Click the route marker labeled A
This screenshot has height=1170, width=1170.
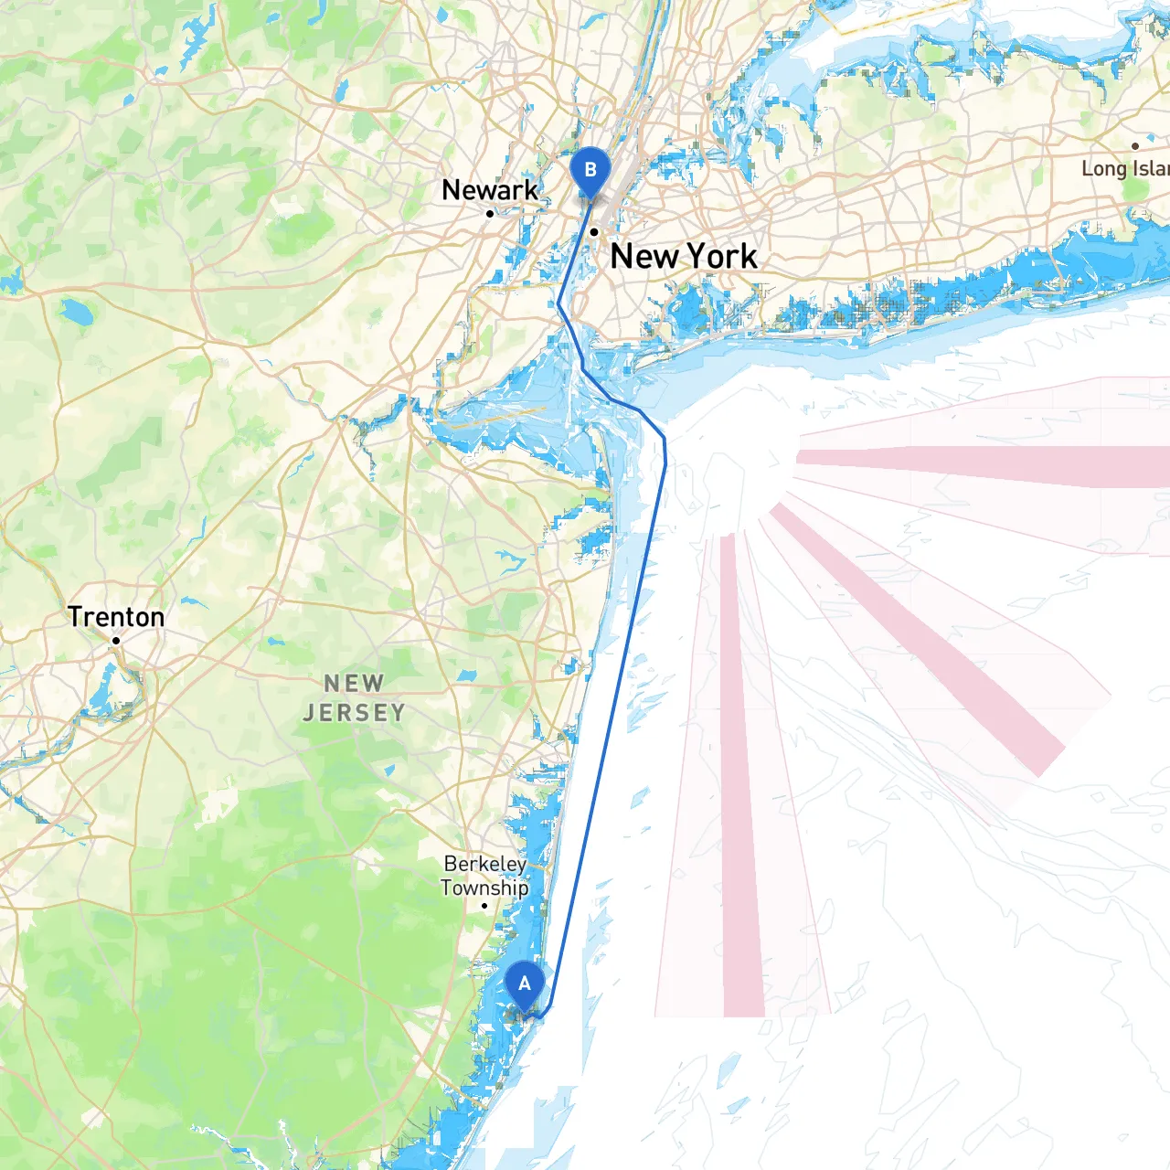pos(525,986)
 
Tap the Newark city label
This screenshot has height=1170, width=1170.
pos(490,190)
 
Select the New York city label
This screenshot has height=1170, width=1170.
pos(684,257)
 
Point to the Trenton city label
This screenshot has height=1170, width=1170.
pos(116,617)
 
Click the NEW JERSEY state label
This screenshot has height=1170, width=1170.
pos(354,698)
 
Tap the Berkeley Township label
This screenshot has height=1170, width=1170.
pos(484,876)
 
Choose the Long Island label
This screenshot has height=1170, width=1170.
pos(1124,168)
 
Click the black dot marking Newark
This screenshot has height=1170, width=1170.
pos(490,214)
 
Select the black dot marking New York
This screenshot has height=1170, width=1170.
pos(593,232)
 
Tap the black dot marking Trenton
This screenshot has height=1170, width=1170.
pos(116,641)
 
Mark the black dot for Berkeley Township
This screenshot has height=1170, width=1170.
pos(484,906)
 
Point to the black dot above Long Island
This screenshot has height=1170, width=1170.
pos(1135,146)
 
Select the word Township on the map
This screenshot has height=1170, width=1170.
pos(484,888)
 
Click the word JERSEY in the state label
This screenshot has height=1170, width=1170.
pos(354,713)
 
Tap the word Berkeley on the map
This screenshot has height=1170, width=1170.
pos(484,864)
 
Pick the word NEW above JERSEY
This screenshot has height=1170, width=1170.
pos(354,684)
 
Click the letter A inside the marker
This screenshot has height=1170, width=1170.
pos(525,984)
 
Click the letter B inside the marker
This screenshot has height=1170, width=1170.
pos(590,169)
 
